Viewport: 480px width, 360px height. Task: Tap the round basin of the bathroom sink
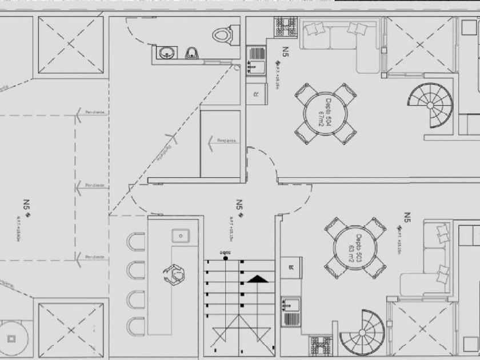click(167, 54)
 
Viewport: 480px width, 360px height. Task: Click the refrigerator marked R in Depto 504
click(256, 93)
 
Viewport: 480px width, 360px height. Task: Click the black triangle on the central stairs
click(257, 279)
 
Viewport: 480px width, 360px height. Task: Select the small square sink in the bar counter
click(181, 234)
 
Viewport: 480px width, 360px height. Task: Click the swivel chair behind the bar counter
click(175, 274)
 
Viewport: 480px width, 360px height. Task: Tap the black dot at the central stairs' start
click(226, 258)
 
